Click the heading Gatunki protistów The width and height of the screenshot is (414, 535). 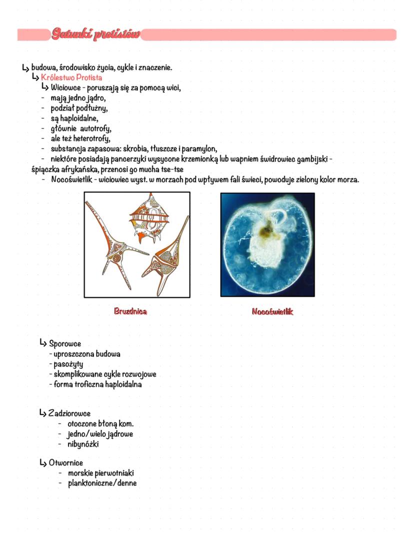tap(95, 34)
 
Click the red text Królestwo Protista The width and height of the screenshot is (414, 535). tap(71, 77)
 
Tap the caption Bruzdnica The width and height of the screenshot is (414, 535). tap(130, 311)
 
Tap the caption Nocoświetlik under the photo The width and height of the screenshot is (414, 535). tap(272, 312)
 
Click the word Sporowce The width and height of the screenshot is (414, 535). tap(65, 344)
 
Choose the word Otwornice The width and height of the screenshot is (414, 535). tap(66, 463)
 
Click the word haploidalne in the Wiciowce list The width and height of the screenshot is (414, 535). tap(79, 118)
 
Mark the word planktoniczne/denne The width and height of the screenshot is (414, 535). tap(102, 483)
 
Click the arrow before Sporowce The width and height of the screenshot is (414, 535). tap(43, 343)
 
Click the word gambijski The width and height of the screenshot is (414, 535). tap(309, 159)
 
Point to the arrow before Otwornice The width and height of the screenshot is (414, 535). tap(43, 463)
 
